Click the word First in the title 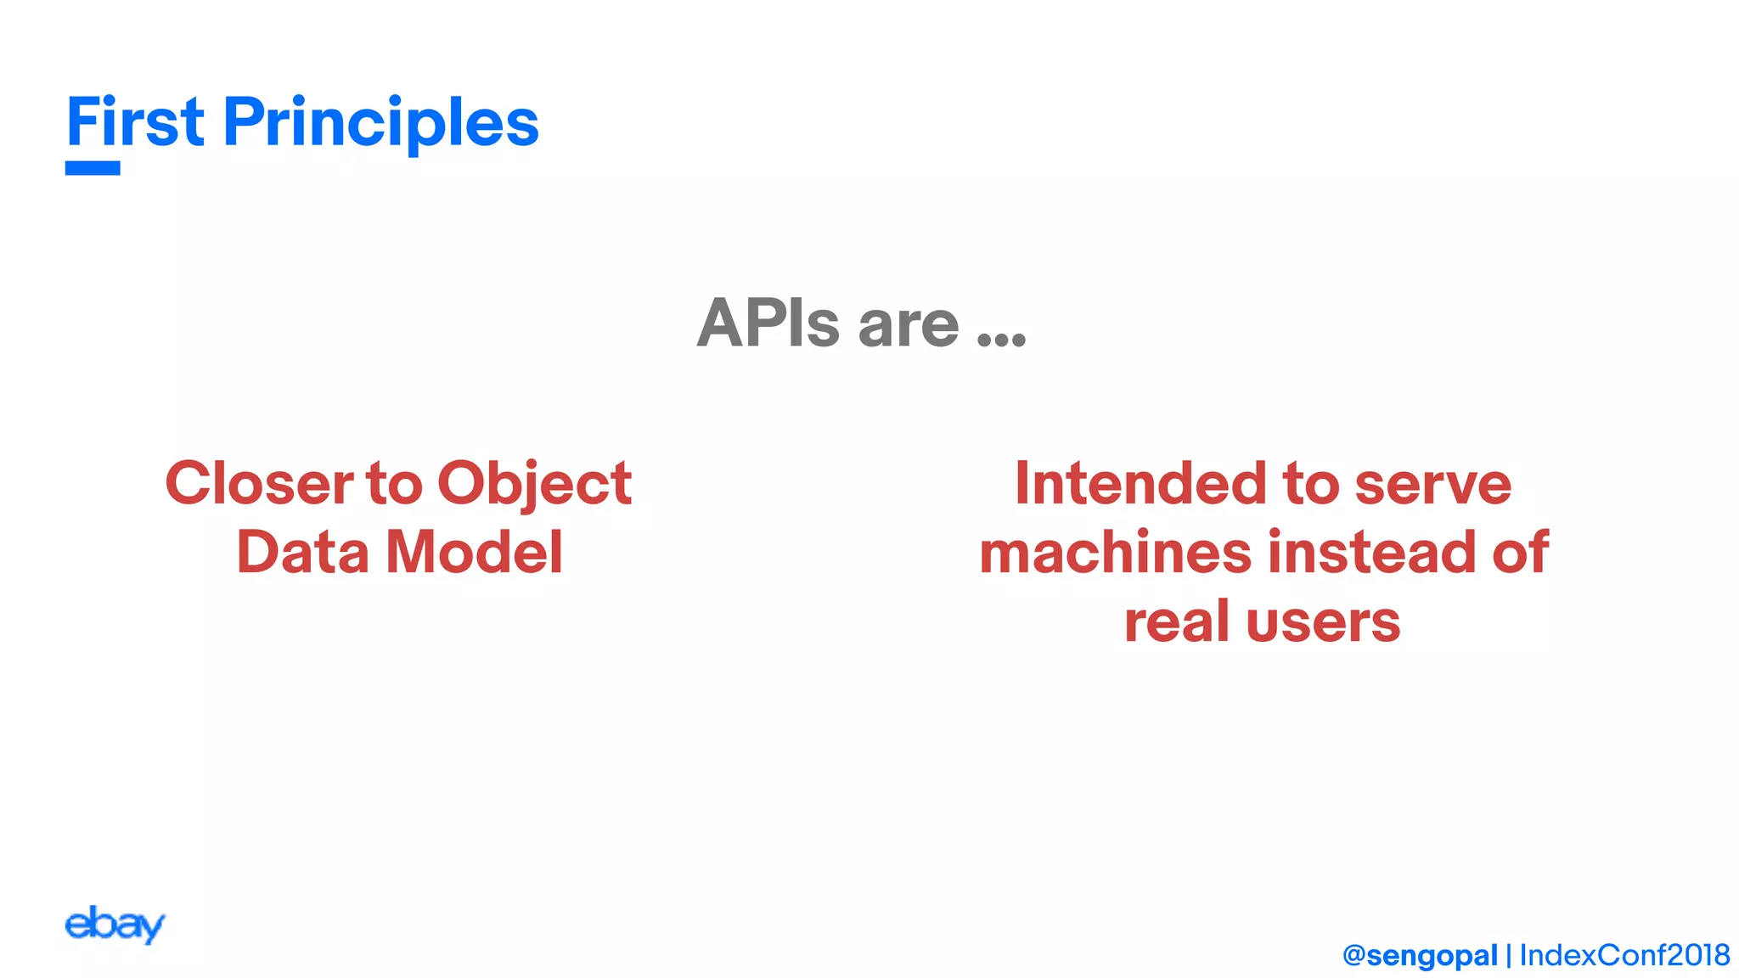coord(135,122)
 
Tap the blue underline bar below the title coord(93,168)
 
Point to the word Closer coord(259,483)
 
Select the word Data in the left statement coord(302,552)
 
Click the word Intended coord(1141,483)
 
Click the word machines coord(1115,552)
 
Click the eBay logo coord(115,925)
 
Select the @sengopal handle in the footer coord(1420,956)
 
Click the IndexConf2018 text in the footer coord(1624,955)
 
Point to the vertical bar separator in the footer coord(1509,956)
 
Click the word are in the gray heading coord(909,326)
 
